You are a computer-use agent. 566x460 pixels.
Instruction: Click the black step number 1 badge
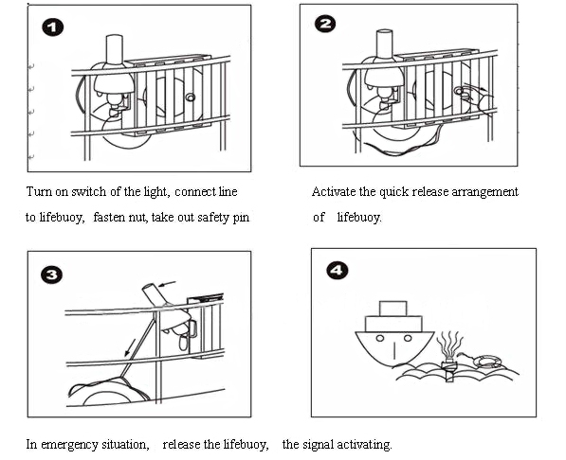[53, 27]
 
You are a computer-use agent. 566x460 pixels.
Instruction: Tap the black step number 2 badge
[325, 24]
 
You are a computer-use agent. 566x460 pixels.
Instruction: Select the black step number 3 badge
[51, 274]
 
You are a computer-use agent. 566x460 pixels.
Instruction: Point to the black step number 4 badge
[338, 270]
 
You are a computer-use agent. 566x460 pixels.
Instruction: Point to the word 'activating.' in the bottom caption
[365, 445]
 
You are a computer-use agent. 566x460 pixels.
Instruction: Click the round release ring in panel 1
[191, 97]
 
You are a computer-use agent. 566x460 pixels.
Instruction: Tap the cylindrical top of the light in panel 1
[114, 48]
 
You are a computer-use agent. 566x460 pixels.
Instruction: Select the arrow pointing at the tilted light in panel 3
[167, 284]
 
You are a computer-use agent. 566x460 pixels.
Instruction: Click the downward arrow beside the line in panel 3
[130, 347]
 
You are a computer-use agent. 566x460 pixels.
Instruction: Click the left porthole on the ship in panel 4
[380, 338]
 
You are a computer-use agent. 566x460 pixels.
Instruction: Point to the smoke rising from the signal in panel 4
[449, 345]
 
